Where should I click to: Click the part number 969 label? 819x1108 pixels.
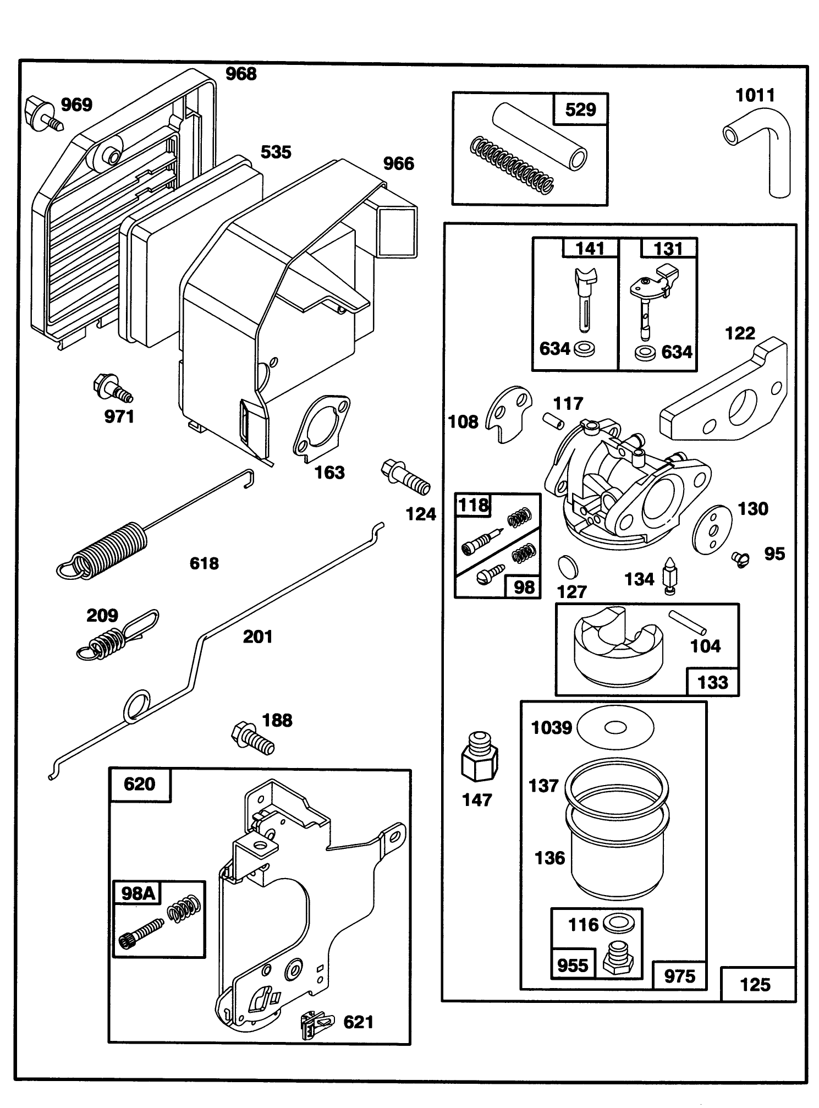point(76,105)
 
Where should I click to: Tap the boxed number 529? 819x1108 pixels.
point(580,109)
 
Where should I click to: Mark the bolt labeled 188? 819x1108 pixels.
point(252,738)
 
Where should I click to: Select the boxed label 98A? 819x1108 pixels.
point(137,892)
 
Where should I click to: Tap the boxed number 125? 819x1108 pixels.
point(755,984)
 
